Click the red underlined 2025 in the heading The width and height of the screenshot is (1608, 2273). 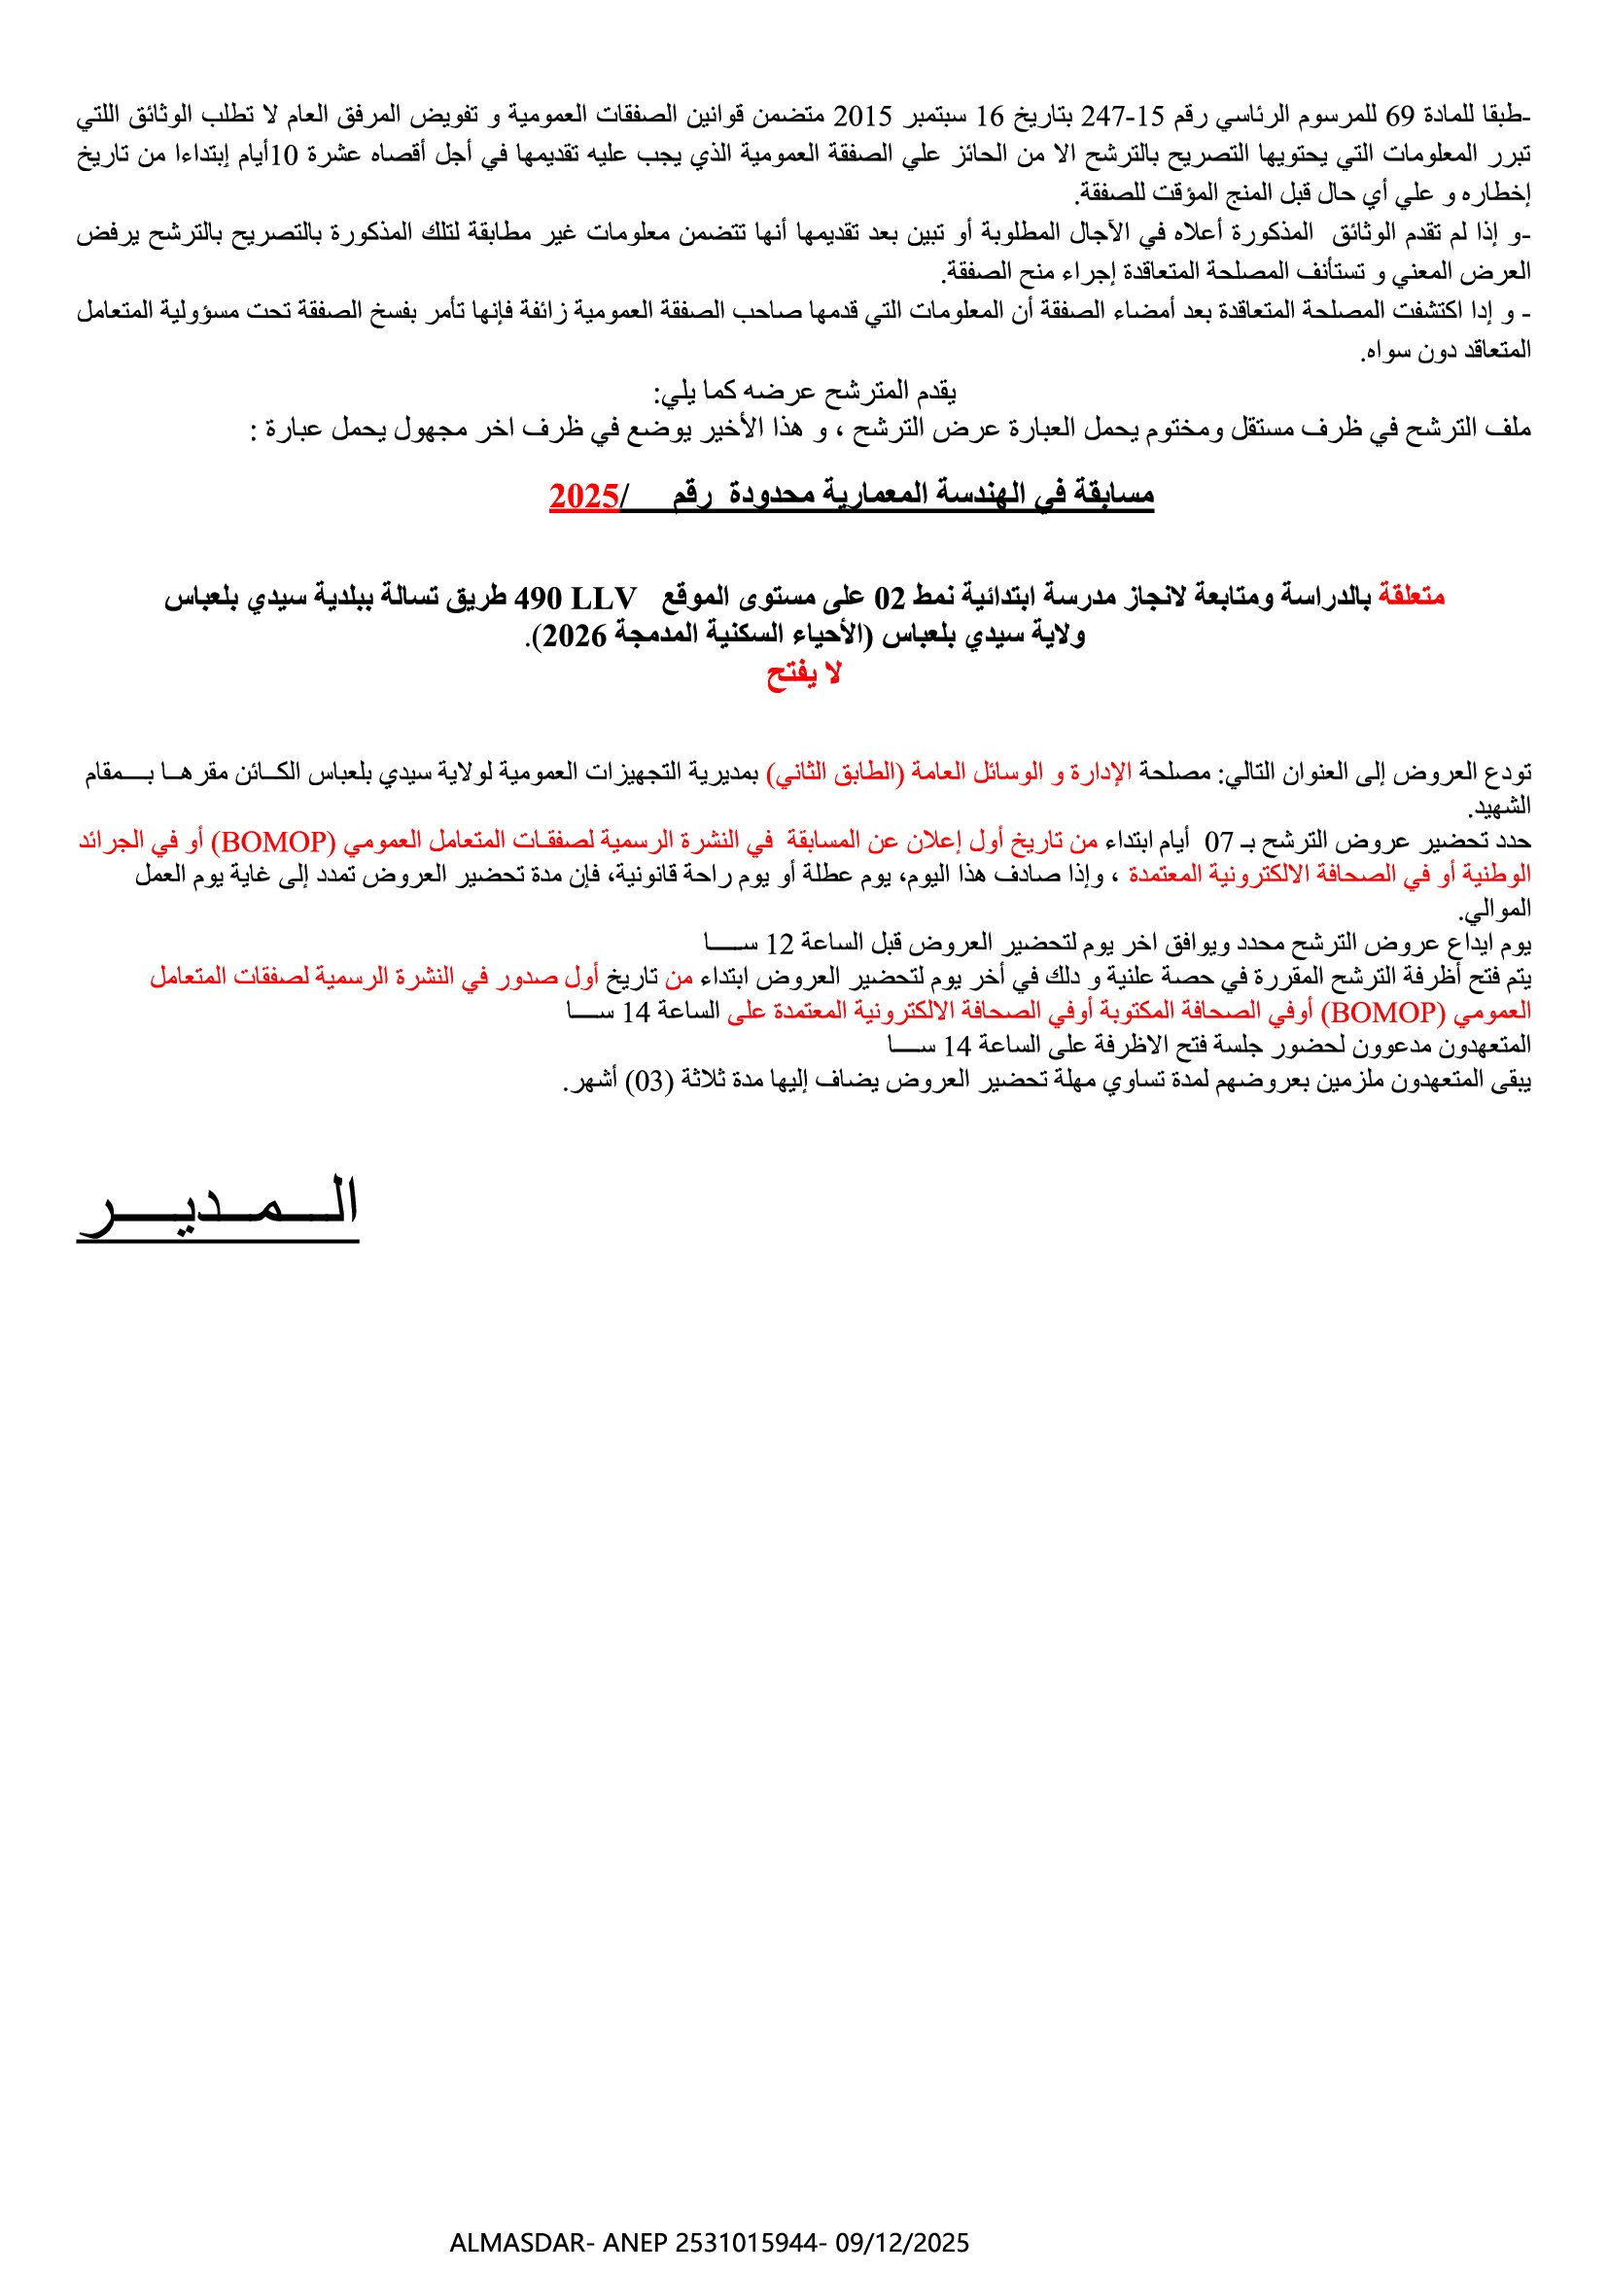click(x=584, y=495)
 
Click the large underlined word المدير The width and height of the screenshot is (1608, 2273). click(x=218, y=1206)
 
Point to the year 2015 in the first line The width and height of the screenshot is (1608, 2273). click(x=864, y=116)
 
